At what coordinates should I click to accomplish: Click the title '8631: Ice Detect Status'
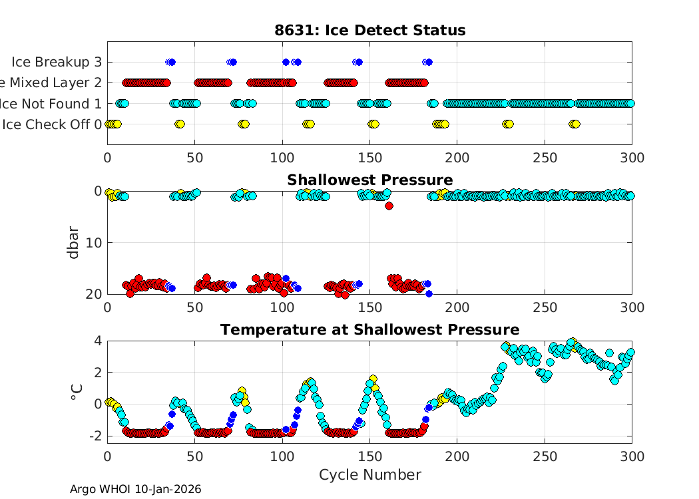point(369,30)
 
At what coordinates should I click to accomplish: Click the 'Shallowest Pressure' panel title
point(369,180)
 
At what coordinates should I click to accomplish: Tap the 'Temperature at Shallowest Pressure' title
point(369,329)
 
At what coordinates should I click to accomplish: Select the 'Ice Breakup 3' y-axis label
point(57,63)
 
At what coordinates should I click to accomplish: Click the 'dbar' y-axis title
point(74,242)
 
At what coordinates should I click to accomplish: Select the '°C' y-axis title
point(76,391)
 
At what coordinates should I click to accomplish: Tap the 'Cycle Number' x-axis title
point(369,474)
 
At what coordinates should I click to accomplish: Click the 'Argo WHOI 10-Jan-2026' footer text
point(135,489)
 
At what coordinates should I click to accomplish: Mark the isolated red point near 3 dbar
point(389,206)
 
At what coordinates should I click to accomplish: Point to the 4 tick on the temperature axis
point(98,340)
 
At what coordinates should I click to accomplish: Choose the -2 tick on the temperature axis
point(95,436)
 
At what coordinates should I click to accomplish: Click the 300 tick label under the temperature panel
point(632,456)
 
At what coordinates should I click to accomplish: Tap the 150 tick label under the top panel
point(369,158)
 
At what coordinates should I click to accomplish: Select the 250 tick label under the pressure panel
point(545,307)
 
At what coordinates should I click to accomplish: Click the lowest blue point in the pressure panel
point(429,293)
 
